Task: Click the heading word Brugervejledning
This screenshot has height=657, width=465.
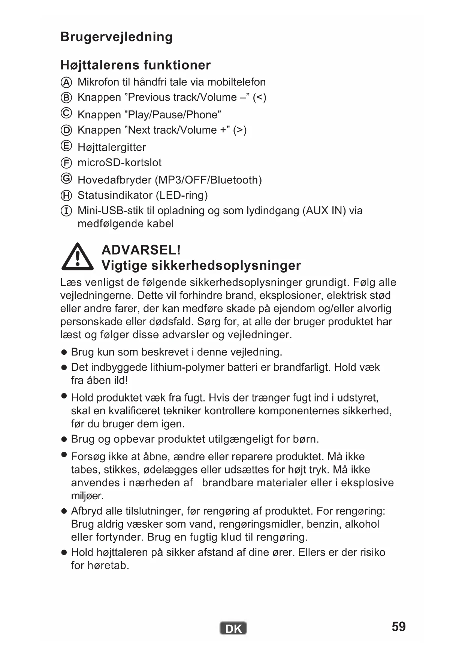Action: pyautogui.click(x=117, y=37)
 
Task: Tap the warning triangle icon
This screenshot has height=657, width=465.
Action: pyautogui.click(x=77, y=257)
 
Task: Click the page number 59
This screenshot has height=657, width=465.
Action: pyautogui.click(x=398, y=627)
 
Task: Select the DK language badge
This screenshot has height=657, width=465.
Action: pyautogui.click(x=233, y=629)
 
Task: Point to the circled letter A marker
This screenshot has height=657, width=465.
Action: pyautogui.click(x=66, y=82)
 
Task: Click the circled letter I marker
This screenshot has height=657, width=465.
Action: pyautogui.click(x=66, y=211)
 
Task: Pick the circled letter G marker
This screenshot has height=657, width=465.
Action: pyautogui.click(x=66, y=178)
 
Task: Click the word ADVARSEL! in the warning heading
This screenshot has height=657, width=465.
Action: pyautogui.click(x=141, y=250)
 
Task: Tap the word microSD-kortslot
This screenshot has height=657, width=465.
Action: pyautogui.click(x=120, y=163)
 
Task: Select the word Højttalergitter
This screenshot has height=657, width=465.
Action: pyautogui.click(x=112, y=147)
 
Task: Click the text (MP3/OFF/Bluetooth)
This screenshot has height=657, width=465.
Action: pyautogui.click(x=208, y=180)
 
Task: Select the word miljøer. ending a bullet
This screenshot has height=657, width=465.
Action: pyautogui.click(x=87, y=496)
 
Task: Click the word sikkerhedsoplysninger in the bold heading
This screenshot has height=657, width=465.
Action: pyautogui.click(x=226, y=266)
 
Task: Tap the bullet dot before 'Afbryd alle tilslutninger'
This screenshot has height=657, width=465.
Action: pyautogui.click(x=64, y=511)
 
